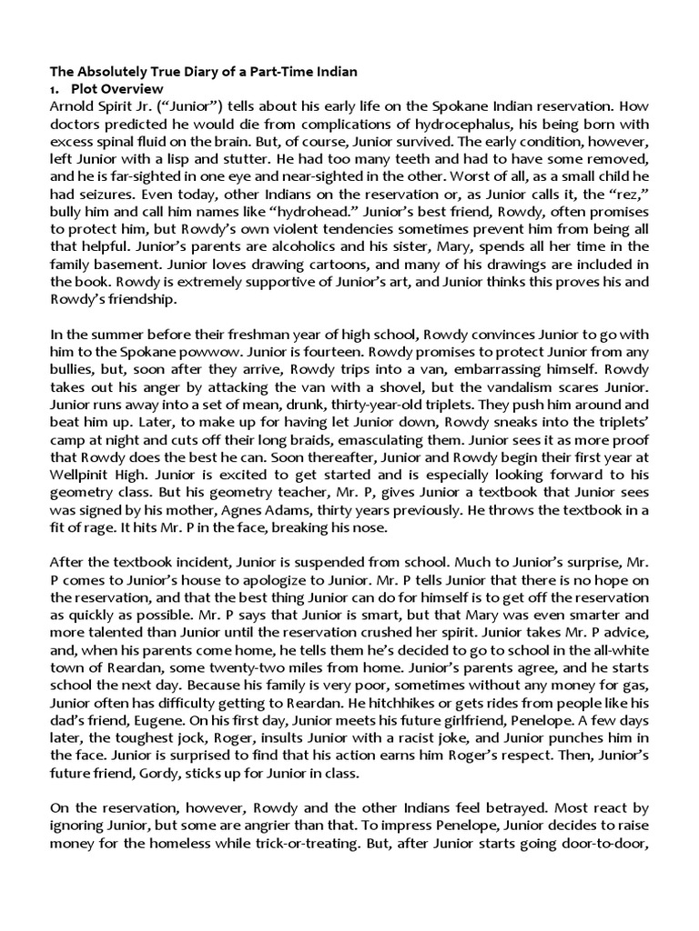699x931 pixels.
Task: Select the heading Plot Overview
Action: tap(120, 89)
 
